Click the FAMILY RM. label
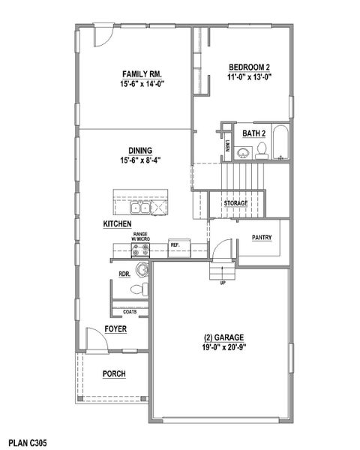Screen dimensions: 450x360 (142, 73)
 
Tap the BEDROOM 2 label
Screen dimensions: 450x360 (249, 66)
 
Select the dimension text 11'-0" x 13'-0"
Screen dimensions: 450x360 (249, 76)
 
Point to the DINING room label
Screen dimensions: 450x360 (141, 149)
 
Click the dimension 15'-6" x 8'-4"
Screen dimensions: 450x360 (141, 160)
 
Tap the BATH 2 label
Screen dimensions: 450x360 (253, 133)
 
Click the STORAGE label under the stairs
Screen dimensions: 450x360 (235, 202)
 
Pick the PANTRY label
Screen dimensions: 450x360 (262, 238)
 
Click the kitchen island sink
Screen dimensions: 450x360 (138, 206)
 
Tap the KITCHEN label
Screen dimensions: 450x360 (118, 224)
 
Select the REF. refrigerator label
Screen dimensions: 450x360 (175, 244)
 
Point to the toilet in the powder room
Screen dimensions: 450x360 (145, 289)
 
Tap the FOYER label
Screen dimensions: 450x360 (115, 328)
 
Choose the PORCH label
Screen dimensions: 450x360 (114, 373)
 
